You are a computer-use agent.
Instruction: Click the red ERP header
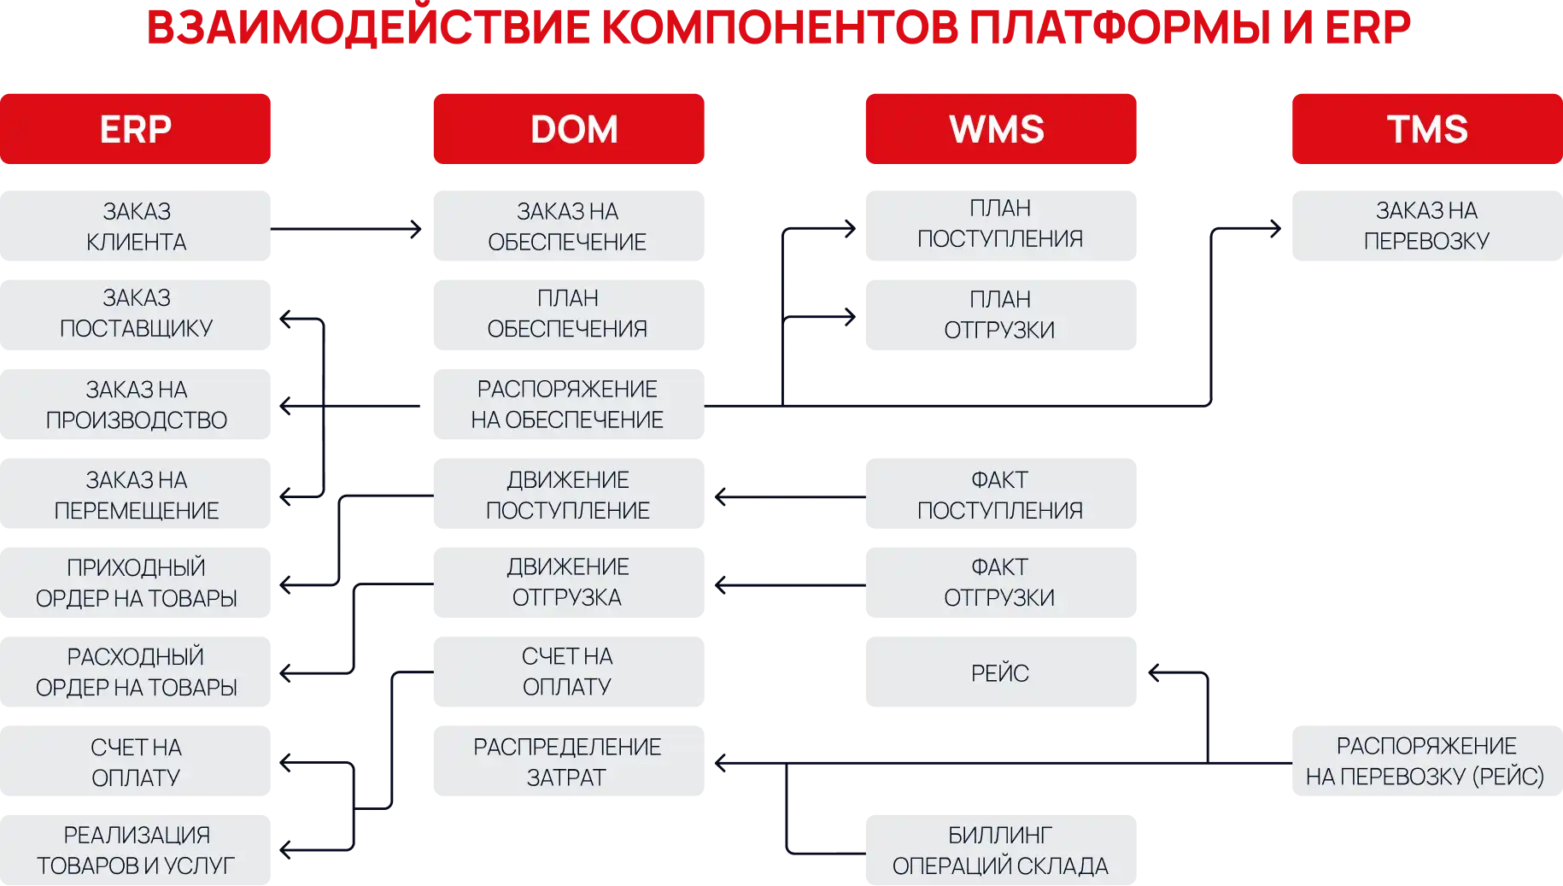pos(135,129)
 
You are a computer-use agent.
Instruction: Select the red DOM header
pos(569,129)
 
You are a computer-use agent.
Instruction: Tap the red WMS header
pos(1001,129)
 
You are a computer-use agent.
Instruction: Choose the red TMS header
pos(1427,129)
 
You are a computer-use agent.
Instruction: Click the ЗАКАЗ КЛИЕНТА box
pos(135,226)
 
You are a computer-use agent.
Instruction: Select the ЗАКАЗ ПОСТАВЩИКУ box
pos(135,314)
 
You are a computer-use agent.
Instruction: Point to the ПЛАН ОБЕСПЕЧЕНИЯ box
pos(569,314)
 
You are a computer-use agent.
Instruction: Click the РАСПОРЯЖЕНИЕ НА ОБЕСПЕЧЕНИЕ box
pos(569,404)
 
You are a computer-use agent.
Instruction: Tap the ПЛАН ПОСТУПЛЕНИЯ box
pos(1001,226)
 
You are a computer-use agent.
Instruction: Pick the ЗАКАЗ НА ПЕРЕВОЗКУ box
pos(1427,226)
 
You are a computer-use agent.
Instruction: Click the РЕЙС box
pos(1001,672)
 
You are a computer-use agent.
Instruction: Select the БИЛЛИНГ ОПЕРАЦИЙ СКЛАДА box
pos(1001,850)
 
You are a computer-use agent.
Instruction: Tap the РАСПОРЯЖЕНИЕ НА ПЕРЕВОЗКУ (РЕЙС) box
pos(1427,760)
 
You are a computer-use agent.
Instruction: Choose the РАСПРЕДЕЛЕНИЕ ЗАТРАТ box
pos(569,760)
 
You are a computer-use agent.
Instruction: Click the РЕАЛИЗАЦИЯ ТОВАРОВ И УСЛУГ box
pos(135,850)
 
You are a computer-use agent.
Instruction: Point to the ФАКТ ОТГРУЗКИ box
pos(1001,583)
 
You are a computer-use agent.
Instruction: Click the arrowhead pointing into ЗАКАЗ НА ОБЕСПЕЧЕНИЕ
pos(416,229)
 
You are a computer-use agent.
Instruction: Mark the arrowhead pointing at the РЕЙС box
pos(1155,673)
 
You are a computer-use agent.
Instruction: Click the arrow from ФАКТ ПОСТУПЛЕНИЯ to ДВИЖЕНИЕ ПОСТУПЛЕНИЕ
pos(790,496)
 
